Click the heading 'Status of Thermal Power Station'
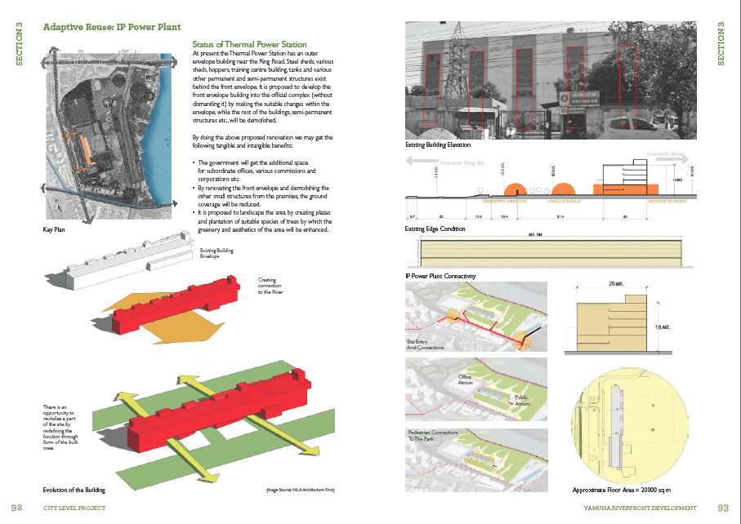point(249,44)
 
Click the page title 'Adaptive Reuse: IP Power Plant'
point(112,27)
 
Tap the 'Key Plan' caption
point(54,230)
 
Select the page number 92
point(17,508)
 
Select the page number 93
point(722,508)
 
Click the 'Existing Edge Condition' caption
point(436,229)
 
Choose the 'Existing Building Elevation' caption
point(438,145)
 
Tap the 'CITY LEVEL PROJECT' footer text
point(74,508)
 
